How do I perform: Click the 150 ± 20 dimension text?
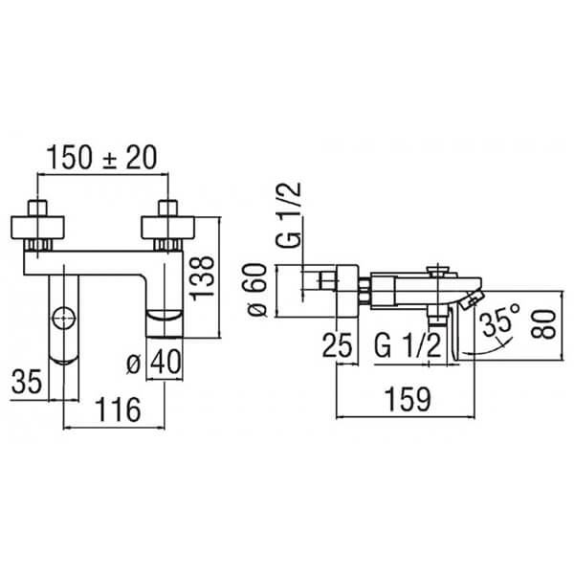pos(102,158)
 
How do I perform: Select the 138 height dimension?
pos(203,278)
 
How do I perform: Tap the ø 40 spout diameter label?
pos(154,362)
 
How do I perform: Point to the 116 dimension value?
pos(118,410)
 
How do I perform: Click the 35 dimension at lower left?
pos(27,382)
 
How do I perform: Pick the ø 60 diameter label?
pos(257,290)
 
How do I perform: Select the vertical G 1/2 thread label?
pos(289,215)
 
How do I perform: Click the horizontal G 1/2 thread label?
pos(408,346)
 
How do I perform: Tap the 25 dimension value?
pos(337,344)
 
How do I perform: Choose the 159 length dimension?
pos(408,399)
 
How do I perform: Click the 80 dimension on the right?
pos(544,324)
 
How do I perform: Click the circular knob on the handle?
pos(64,319)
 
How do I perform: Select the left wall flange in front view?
pos(37,228)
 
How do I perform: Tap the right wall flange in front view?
pos(168,228)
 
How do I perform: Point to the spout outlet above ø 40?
pos(165,323)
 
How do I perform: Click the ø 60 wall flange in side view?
pos(347,291)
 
